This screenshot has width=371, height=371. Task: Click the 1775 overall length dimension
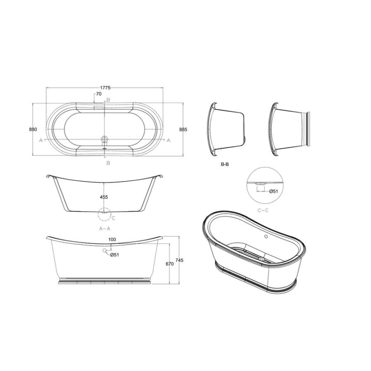point(105,87)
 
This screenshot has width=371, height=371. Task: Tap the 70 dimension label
point(99,94)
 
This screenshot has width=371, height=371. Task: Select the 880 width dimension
point(33,129)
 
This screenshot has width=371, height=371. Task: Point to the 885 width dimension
point(183,129)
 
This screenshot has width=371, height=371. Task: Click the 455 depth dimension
point(104,198)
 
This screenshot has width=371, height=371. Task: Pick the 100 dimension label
point(112,240)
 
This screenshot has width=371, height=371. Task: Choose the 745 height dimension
point(179,260)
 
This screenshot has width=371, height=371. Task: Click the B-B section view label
point(225,164)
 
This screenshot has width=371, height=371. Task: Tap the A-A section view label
point(104,228)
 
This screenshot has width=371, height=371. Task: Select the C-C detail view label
point(263,210)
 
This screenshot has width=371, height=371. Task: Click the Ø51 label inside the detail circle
point(273,191)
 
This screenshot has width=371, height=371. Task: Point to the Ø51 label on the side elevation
point(115,255)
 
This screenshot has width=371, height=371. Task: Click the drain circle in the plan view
point(104,140)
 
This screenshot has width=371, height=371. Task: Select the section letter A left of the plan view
point(41,140)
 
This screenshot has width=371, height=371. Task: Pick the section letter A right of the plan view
point(169,140)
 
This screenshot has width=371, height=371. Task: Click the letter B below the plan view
point(108,163)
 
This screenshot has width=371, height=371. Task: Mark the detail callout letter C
point(113,217)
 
